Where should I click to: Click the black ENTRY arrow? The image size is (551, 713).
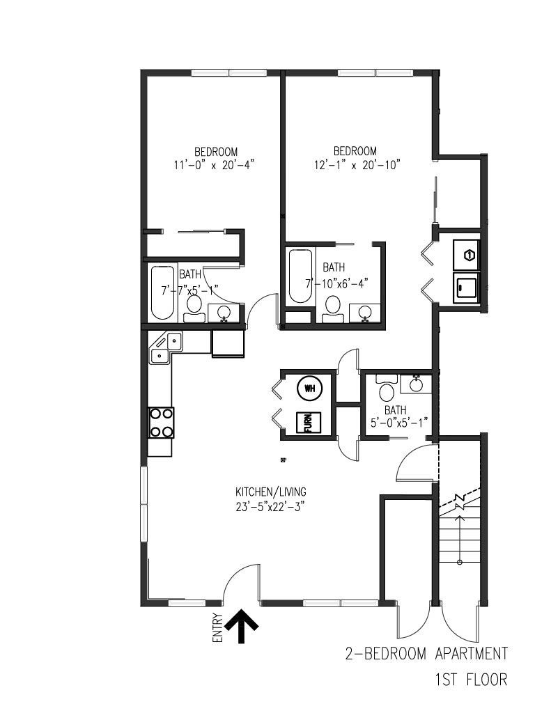pos(242,626)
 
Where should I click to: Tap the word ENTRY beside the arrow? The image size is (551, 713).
pos(218,628)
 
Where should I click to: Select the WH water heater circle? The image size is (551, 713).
pos(309,389)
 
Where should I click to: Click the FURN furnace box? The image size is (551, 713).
pos(309,423)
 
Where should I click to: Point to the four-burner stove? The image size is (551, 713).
pos(161,423)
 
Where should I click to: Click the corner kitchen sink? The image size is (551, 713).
pos(166,347)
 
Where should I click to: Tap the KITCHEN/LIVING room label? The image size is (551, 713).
pos(271,492)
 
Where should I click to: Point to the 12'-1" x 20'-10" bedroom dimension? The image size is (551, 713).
pos(357,164)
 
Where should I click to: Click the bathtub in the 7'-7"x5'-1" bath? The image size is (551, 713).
pos(162,292)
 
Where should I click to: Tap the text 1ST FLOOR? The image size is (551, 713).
pos(471,680)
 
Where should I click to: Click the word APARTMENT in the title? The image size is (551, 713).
pos(471,653)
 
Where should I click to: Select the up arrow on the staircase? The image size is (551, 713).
pos(460,540)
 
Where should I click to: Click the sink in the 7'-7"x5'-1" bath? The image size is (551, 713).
pos(224,313)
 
